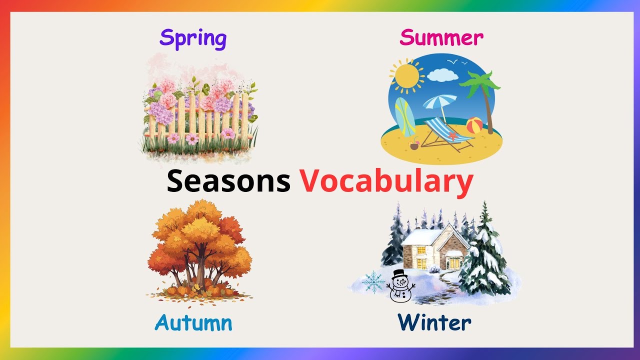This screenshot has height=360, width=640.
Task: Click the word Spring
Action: pyautogui.click(x=193, y=38)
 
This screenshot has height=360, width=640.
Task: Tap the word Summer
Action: pyautogui.click(x=441, y=37)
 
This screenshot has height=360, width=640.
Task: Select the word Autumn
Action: pyautogui.click(x=193, y=322)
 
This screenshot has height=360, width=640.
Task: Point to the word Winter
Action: pyautogui.click(x=434, y=322)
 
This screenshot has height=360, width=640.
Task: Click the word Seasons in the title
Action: pyautogui.click(x=228, y=181)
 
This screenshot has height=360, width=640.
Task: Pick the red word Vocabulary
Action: pyautogui.click(x=386, y=181)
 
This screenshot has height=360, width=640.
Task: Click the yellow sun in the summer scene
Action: pyautogui.click(x=405, y=76)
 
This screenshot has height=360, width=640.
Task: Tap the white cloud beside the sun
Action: pyautogui.click(x=442, y=75)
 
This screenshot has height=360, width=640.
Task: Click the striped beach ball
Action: pyautogui.click(x=474, y=125)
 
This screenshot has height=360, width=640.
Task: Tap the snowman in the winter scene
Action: pyautogui.click(x=399, y=287)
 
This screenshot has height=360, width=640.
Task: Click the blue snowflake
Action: pyautogui.click(x=373, y=281)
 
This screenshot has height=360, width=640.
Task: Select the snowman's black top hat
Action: pyautogui.click(x=398, y=274)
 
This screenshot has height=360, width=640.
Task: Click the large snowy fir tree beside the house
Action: pyautogui.click(x=484, y=255)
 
